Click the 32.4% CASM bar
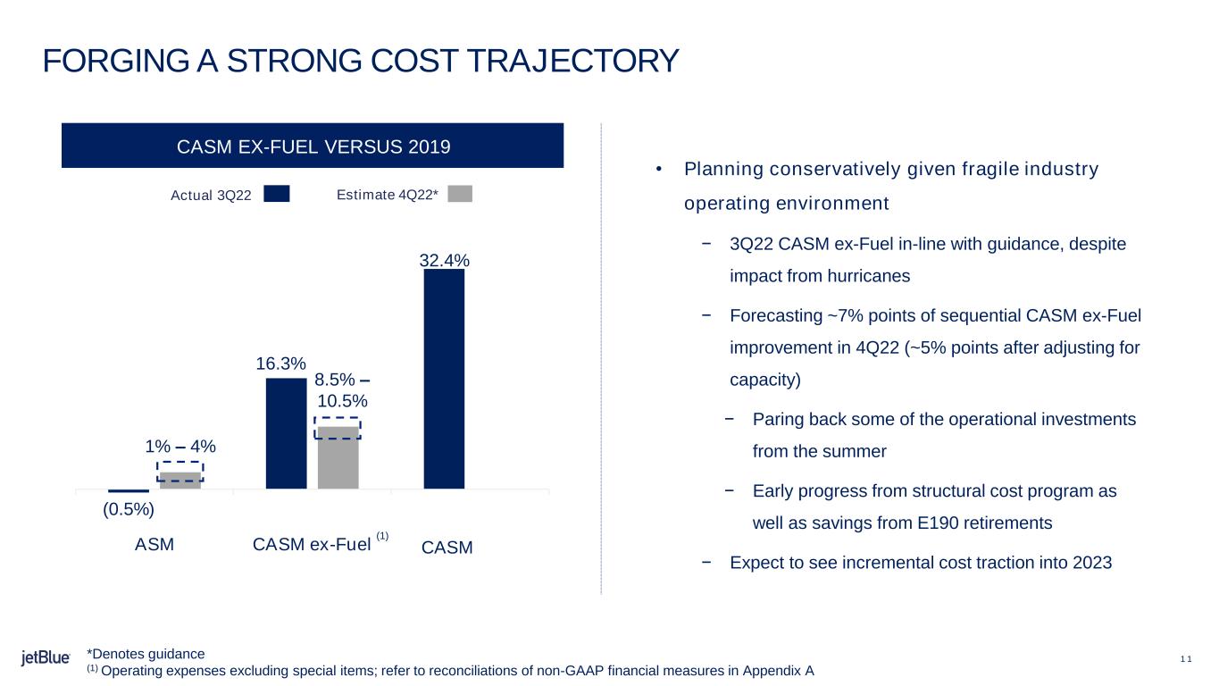click(x=444, y=379)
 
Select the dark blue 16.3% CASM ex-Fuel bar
click(x=286, y=433)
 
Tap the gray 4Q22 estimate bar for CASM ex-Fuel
click(x=338, y=457)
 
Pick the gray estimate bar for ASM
click(x=180, y=480)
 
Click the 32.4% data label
click(x=444, y=261)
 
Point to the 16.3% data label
click(x=281, y=364)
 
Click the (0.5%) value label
click(x=129, y=510)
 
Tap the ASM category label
click(x=154, y=544)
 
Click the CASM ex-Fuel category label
click(x=312, y=544)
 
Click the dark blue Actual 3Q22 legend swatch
click(x=277, y=194)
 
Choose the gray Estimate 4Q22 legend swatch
click(x=459, y=194)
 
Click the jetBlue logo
click(x=46, y=658)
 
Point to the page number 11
click(x=1185, y=659)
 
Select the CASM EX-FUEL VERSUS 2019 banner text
click(x=312, y=146)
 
